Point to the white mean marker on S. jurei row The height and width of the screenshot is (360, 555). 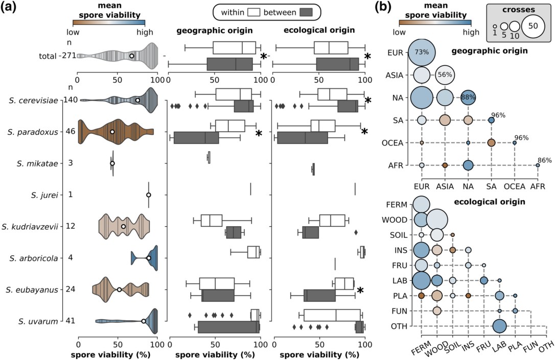[149, 195]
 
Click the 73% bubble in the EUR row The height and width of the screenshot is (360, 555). [422, 52]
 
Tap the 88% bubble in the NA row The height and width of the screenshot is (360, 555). [468, 98]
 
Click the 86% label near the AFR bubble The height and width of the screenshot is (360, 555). [544, 160]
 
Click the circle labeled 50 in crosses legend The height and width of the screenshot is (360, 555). [533, 26]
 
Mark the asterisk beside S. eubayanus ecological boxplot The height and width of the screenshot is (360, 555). [361, 291]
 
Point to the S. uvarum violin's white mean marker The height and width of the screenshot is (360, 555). [144, 321]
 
